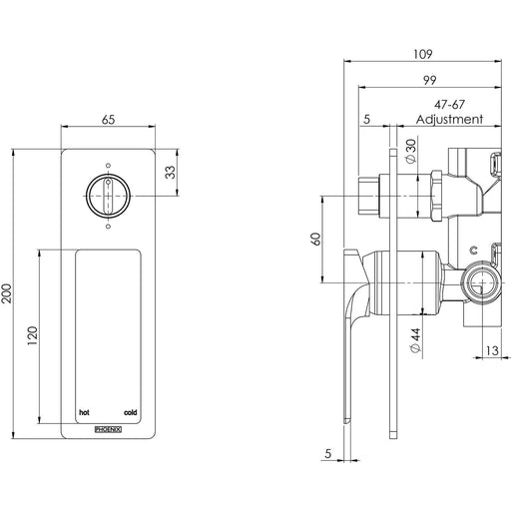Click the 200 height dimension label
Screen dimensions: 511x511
point(7,293)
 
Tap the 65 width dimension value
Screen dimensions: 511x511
point(108,120)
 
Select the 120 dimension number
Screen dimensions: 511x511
point(33,335)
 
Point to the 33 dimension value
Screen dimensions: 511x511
point(171,173)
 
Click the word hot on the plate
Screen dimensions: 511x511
point(84,412)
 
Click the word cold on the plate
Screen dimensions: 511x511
point(130,412)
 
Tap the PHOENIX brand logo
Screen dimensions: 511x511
point(108,429)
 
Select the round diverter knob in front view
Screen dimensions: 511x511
point(108,196)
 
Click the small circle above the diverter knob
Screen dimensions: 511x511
point(108,166)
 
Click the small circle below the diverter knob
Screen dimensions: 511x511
point(108,227)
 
